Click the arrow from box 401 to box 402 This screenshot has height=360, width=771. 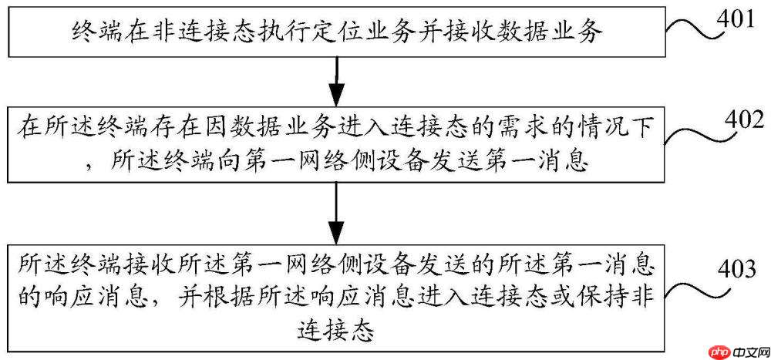pyautogui.click(x=336, y=82)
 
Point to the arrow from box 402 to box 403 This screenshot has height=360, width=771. pyautogui.click(x=336, y=213)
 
